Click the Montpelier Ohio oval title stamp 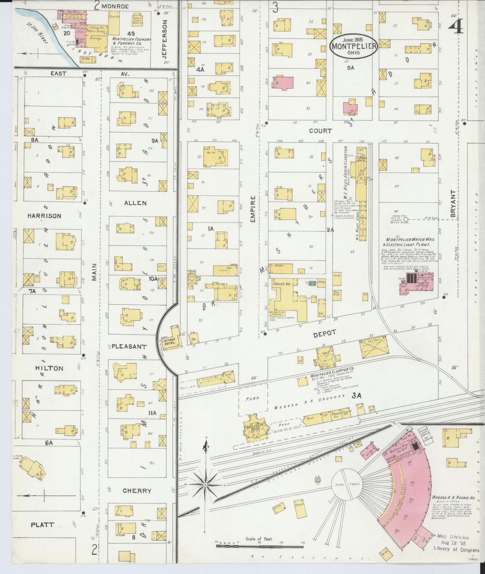pos(353,46)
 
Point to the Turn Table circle pos(347,484)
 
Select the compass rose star pos(205,485)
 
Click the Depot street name pos(324,333)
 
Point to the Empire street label pos(253,209)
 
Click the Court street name pos(320,131)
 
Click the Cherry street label pos(137,491)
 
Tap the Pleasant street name pos(129,346)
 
